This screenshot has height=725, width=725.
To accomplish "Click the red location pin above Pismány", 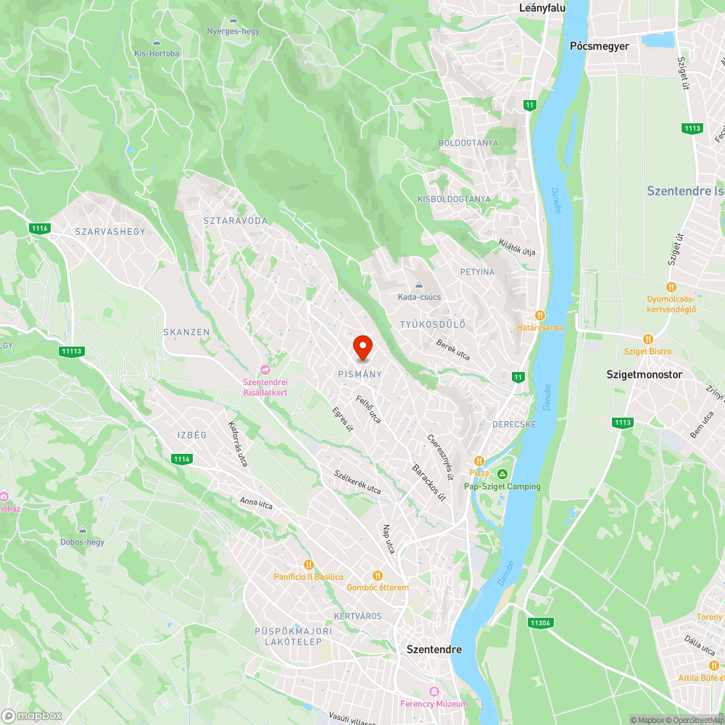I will [362, 347].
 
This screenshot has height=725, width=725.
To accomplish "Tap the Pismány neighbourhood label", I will [360, 374].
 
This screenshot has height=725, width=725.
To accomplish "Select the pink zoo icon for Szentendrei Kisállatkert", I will [265, 370].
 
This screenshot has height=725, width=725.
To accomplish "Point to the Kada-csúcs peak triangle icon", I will [418, 285].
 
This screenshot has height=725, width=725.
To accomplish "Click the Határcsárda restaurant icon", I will [539, 315].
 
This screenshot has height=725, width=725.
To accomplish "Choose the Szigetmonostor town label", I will [645, 375].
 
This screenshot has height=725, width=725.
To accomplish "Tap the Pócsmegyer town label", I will [600, 46].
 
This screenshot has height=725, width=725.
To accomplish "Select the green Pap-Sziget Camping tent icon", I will [502, 474].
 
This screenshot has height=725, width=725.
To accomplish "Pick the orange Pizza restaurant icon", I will [478, 461].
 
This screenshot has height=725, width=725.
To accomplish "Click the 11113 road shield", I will [72, 352].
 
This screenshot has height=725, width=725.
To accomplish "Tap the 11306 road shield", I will [540, 623].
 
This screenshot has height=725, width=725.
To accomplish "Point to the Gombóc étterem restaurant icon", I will [377, 575].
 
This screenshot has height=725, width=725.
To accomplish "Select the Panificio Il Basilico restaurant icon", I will [308, 564].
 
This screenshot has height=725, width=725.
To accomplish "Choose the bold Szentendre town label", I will [434, 650].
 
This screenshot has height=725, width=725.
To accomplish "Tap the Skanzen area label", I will [186, 332].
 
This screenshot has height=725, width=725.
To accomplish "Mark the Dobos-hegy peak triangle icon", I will [83, 530].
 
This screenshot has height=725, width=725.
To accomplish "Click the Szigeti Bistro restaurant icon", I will [647, 339].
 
